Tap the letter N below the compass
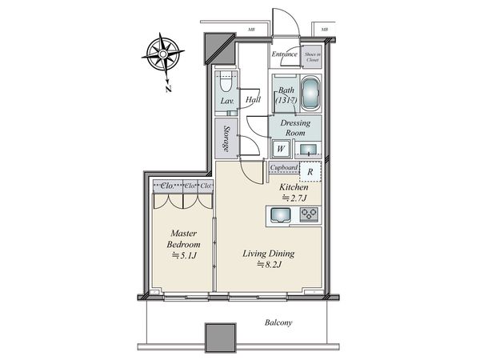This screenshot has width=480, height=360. point(168,89)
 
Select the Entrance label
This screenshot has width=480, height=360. point(285,54)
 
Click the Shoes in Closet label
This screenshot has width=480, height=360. point(313,55)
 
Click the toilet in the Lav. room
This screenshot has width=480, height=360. point(225,86)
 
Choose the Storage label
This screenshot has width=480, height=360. point(227,139)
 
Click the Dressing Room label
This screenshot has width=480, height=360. point(296,129)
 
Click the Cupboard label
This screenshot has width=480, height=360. point(284,168)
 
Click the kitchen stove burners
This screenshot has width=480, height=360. point(309,214)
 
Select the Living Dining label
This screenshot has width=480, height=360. point(269,258)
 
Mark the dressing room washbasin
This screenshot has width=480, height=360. point(307,148)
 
